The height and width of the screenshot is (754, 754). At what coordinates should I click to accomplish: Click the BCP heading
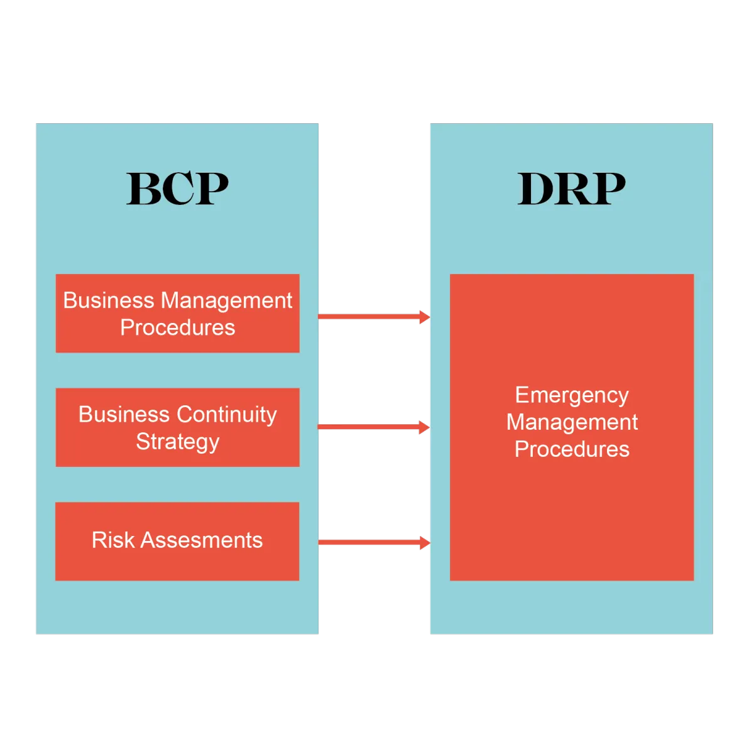tap(178, 188)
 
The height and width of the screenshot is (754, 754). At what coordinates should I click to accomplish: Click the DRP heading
tap(571, 188)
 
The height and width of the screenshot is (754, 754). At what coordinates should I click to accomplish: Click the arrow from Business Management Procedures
tap(373, 316)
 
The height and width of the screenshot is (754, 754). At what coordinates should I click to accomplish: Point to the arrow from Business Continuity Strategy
tap(373, 427)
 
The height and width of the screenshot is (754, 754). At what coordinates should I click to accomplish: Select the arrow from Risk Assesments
tap(373, 542)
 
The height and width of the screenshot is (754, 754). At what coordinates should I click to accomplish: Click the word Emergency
tap(572, 395)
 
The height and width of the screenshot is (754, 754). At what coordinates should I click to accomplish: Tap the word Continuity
tap(227, 415)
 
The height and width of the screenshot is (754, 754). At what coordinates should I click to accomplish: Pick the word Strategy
tap(178, 442)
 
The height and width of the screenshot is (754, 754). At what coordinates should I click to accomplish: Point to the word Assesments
tap(202, 540)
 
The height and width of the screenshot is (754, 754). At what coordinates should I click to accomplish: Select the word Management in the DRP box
tap(572, 422)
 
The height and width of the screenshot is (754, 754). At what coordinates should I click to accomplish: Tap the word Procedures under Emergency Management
tap(572, 449)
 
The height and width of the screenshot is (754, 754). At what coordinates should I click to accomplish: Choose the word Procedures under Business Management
tap(178, 327)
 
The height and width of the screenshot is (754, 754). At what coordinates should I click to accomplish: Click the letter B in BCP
tap(143, 188)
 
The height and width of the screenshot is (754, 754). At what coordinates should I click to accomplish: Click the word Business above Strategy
tap(124, 415)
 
